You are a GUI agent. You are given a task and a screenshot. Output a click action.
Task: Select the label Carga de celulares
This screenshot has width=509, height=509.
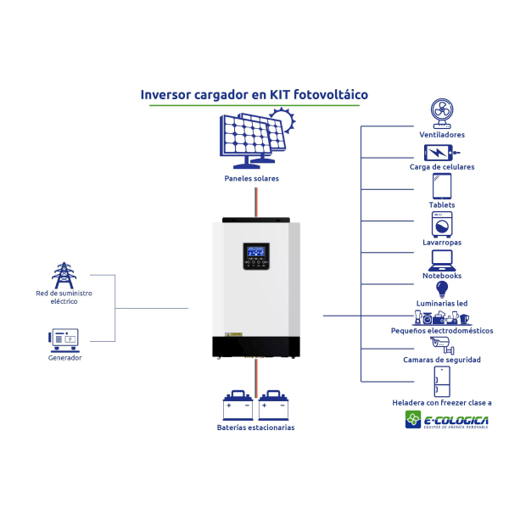click(441, 167)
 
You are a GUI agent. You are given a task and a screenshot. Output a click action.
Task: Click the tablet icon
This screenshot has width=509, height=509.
click(441, 187)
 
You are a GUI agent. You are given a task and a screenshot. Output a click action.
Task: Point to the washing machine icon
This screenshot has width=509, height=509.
click(441, 224)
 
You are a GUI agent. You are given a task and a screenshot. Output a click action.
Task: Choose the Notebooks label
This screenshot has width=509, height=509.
click(441, 276)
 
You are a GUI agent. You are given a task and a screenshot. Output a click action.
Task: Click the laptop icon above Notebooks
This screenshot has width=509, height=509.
click(441, 259)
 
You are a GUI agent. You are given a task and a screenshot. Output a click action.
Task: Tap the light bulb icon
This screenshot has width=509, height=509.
click(441, 290)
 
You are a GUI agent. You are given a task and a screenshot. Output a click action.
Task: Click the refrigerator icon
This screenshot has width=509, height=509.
click(441, 381)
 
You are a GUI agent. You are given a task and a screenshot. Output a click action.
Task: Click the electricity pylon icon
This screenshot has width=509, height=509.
click(63, 275)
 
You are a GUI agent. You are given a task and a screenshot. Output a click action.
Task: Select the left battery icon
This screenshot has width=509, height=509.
click(237, 406)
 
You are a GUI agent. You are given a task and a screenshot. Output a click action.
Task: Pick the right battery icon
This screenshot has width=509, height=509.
click(273, 406)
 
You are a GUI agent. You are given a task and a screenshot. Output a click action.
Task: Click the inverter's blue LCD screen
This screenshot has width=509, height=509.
click(255, 251)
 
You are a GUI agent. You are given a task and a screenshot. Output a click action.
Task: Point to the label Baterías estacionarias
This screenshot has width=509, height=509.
click(255, 428)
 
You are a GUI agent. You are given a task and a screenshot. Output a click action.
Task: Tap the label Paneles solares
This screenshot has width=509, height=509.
click(252, 179)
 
